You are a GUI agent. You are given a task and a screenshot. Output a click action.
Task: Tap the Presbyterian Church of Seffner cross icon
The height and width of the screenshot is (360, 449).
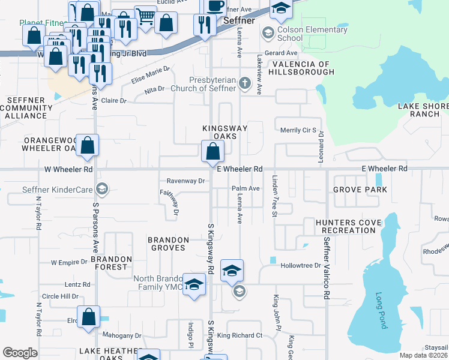click(244, 83)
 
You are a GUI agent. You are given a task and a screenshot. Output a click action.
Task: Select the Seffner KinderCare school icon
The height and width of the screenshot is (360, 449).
click(102, 190)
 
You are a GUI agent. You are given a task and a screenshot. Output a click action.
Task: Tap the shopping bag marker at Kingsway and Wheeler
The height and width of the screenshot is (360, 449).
click(212, 152)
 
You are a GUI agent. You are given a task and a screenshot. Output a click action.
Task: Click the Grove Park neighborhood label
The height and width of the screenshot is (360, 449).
click(360, 190)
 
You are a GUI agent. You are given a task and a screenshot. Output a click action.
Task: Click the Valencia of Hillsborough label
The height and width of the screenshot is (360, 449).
click(301, 68)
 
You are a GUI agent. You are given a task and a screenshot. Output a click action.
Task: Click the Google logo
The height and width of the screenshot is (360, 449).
click(20, 353)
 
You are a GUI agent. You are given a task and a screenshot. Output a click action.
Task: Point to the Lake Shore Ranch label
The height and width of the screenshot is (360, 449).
click(423, 110)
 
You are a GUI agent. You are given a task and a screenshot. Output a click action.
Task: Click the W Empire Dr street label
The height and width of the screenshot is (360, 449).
click(70, 263)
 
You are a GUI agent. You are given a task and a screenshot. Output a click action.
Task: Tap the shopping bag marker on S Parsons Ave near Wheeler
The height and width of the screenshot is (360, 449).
click(88, 146)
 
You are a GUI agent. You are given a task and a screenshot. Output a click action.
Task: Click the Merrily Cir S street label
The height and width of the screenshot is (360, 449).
click(298, 130)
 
